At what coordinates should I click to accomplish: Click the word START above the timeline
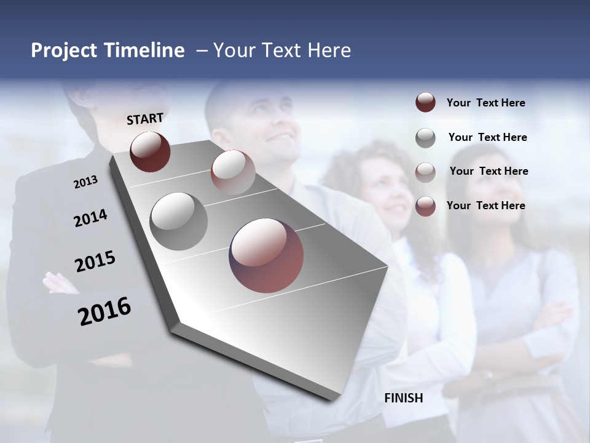145,119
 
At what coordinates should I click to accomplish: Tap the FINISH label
404,398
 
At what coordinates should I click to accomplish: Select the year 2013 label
85,182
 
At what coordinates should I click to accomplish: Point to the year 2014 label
90,218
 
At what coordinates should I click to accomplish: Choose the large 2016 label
104,311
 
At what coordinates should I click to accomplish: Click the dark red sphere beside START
150,151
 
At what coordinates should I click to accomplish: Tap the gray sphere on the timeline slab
178,221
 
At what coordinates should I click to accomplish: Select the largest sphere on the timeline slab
266,255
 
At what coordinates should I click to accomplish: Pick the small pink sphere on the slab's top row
233,172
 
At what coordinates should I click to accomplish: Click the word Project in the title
63,50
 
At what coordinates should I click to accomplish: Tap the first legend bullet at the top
425,103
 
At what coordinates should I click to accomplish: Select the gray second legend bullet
425,138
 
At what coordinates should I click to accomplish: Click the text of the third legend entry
489,171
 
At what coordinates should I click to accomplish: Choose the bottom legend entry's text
486,206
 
